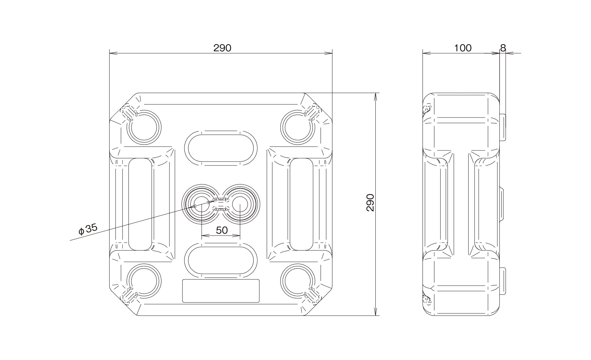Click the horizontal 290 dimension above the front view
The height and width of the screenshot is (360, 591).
[x=222, y=48]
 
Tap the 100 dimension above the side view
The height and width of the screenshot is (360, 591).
[x=463, y=48]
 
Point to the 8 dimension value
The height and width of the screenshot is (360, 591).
[x=503, y=48]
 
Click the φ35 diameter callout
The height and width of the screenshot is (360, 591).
[x=88, y=229]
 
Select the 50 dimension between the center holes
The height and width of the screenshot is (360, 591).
[x=222, y=230]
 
